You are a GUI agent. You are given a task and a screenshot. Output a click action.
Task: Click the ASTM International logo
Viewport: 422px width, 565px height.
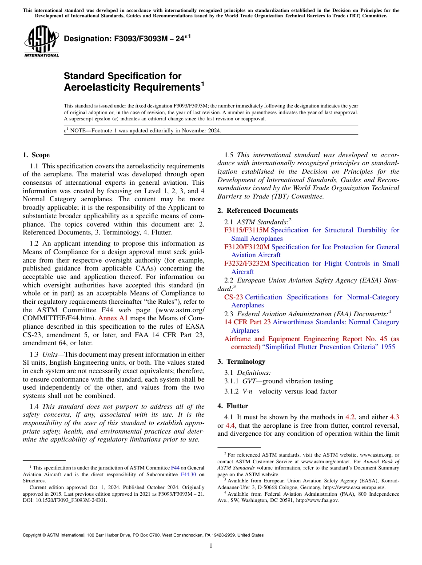pyautogui.click(x=41, y=42)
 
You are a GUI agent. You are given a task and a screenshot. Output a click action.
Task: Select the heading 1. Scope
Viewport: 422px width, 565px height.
pyautogui.click(x=36, y=155)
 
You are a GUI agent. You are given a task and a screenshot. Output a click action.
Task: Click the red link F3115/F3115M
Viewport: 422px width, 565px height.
pyautogui.click(x=247, y=230)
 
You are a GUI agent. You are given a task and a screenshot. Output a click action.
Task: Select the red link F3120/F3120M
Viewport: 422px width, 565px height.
pyautogui.click(x=247, y=247)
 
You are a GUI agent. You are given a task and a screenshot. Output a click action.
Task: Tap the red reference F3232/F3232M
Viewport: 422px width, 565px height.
pyautogui.click(x=247, y=263)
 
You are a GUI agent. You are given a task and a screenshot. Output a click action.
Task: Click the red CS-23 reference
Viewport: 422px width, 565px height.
pyautogui.click(x=234, y=297)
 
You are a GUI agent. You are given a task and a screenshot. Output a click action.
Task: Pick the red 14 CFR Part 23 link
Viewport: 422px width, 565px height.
pyautogui.click(x=247, y=322)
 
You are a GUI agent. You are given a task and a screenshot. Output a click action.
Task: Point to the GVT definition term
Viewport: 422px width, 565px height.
pyautogui.click(x=249, y=381)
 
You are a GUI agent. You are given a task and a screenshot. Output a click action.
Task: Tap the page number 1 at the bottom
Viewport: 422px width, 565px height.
pyautogui.click(x=211, y=546)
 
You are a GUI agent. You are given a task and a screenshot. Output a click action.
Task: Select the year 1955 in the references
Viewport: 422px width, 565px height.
pyautogui.click(x=388, y=347)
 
